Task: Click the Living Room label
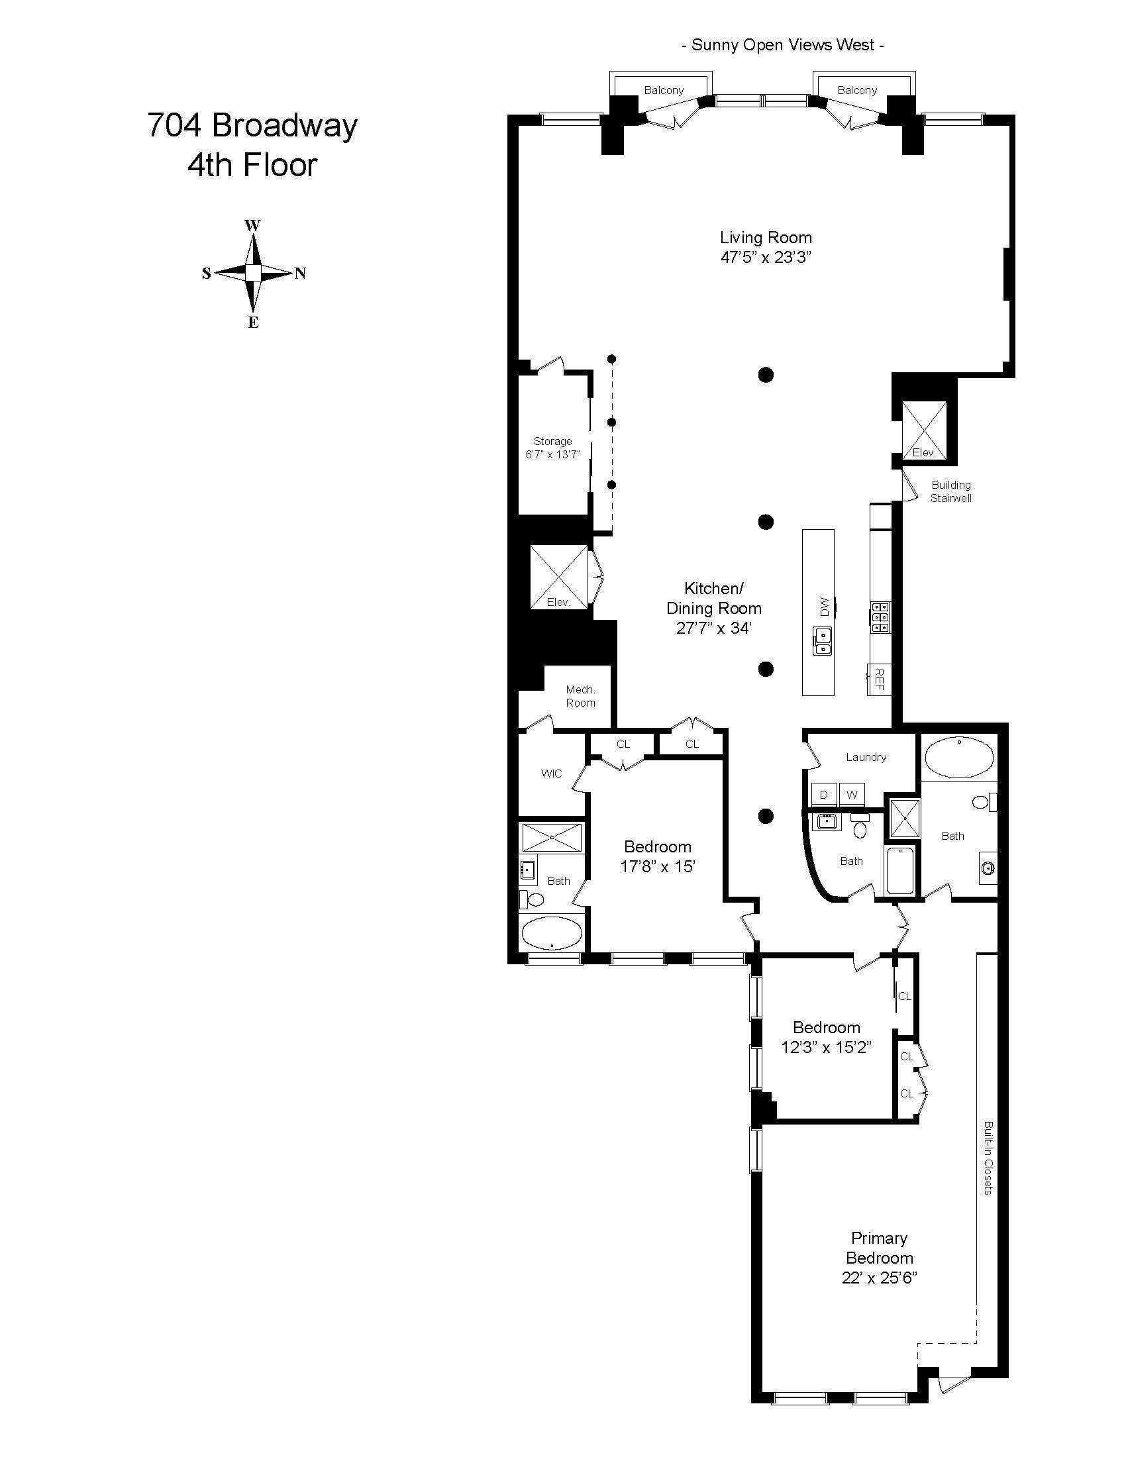766,237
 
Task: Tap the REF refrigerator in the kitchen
879,679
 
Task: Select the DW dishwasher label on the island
823,606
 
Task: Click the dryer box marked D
824,795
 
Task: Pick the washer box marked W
852,795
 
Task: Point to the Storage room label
552,441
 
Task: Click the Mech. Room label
580,696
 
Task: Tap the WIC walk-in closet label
552,774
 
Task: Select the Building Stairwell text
951,491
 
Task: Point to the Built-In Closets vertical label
988,1158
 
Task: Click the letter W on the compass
252,225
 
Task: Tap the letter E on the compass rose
253,323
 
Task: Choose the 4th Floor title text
252,165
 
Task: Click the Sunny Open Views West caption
783,45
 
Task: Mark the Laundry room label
866,757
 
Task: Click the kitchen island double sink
823,641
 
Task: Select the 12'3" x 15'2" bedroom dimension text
827,1046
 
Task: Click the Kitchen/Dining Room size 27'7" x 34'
714,627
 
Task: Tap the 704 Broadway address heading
252,125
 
